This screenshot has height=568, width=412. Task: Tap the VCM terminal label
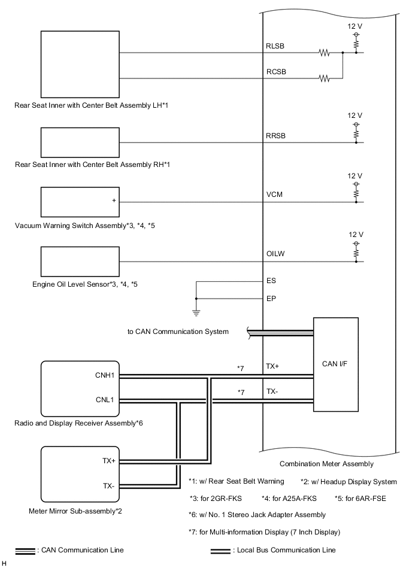(x=274, y=195)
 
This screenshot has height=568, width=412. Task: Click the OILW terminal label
(x=275, y=254)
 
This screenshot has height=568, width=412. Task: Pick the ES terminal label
(x=271, y=280)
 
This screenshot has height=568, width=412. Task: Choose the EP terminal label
(x=271, y=297)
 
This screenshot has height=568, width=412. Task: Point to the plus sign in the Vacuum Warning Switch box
(x=114, y=200)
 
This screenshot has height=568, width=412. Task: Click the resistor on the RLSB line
(x=325, y=53)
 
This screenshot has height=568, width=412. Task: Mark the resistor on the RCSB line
(x=325, y=78)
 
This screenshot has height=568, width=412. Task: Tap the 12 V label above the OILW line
(x=356, y=234)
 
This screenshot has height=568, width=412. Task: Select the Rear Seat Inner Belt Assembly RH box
(x=80, y=142)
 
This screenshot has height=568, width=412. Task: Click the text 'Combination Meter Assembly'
(x=326, y=464)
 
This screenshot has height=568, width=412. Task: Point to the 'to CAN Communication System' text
(x=178, y=331)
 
